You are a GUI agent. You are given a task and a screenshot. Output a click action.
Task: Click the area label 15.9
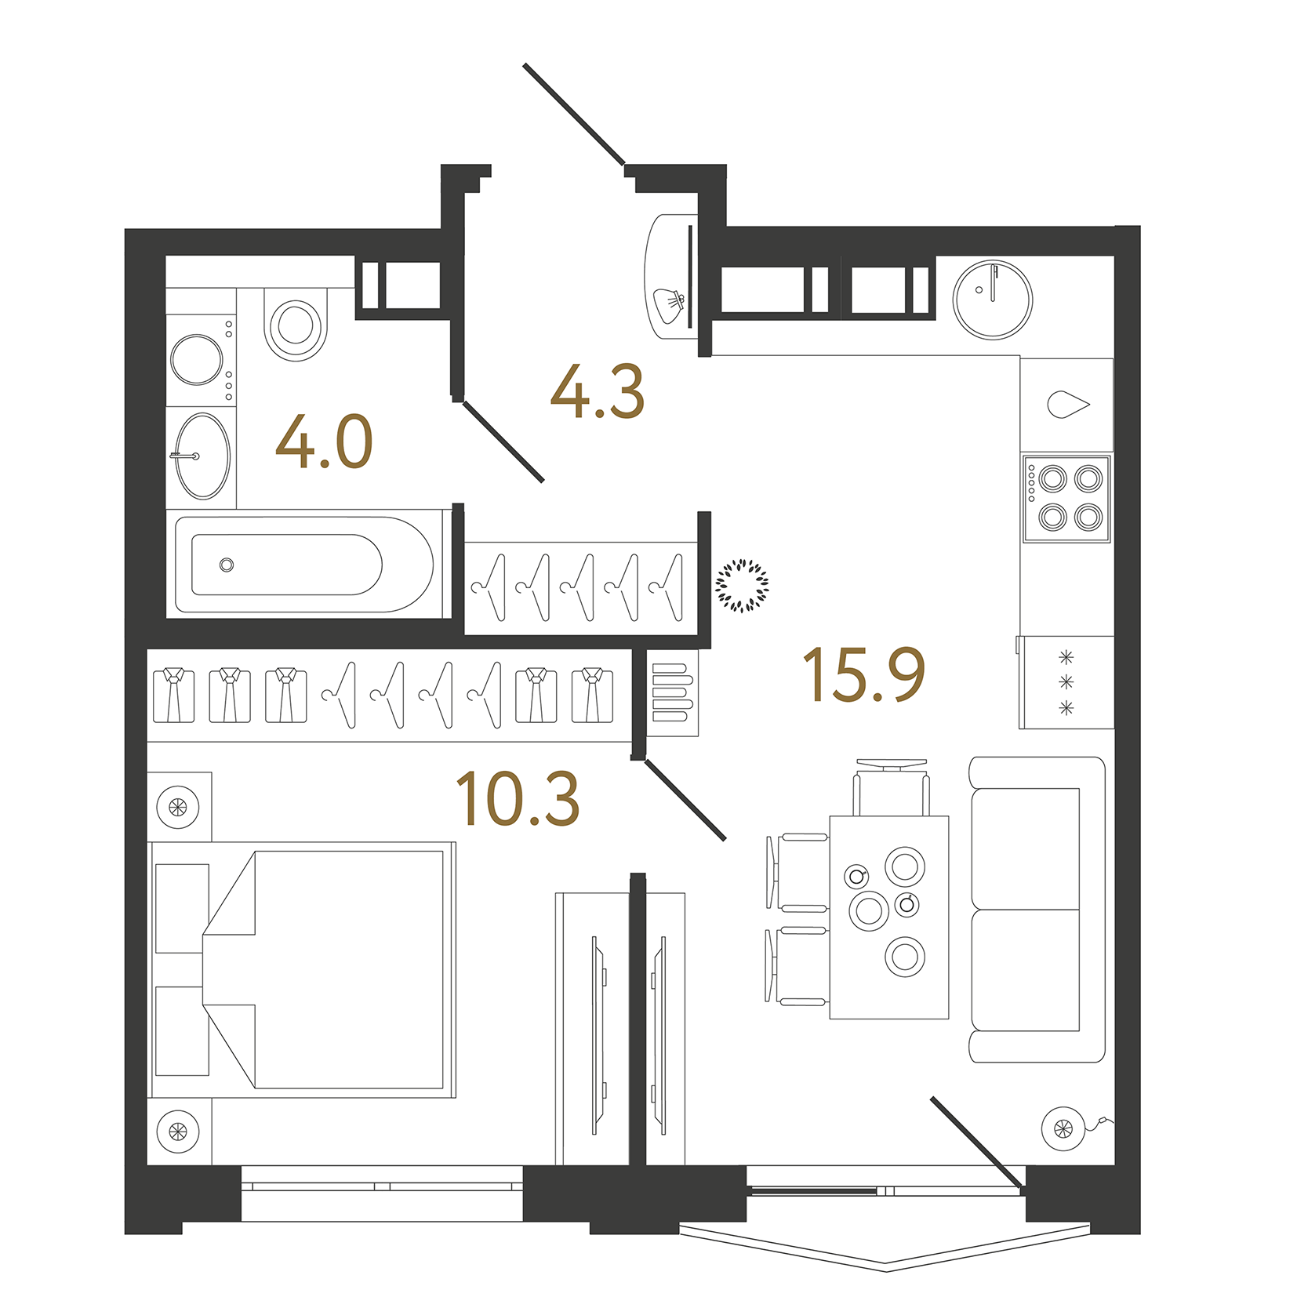[863, 674]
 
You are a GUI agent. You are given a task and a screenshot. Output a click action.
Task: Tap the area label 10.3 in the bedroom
[518, 799]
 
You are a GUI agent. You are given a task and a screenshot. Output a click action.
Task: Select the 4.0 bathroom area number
[324, 442]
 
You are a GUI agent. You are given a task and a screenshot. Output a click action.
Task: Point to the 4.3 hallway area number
[598, 392]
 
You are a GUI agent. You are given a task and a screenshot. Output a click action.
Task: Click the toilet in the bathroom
[296, 324]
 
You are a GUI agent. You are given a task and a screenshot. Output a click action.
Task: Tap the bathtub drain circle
[227, 565]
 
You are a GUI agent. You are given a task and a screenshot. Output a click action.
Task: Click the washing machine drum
[196, 360]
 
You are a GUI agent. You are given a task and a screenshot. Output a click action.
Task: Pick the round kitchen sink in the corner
[992, 300]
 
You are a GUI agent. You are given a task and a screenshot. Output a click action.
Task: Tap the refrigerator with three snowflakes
[1066, 683]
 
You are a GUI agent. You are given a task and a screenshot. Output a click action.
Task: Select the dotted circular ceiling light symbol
[742, 585]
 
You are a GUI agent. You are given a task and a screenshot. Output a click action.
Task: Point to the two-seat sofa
[1035, 910]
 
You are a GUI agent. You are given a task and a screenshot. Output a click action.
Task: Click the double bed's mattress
[349, 969]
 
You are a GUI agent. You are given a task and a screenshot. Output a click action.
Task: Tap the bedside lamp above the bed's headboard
[178, 806]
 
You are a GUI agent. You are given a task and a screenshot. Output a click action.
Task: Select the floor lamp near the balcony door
[1063, 1129]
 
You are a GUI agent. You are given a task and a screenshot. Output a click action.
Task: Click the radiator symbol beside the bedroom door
[674, 692]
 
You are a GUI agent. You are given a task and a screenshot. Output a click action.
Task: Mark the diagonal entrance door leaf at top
[573, 114]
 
